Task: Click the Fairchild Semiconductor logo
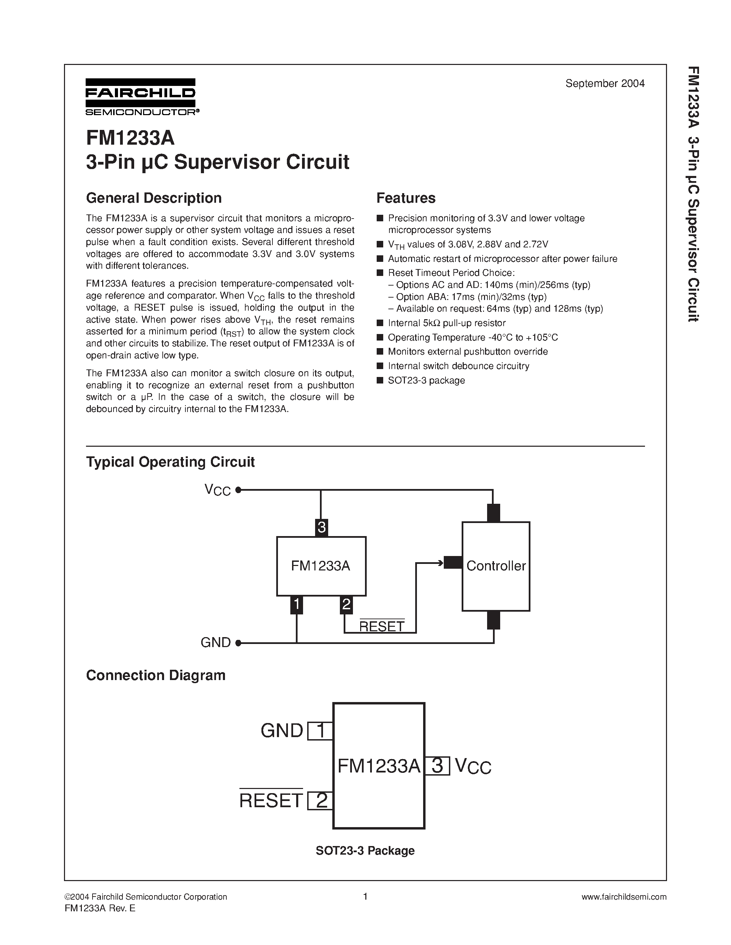coord(141,97)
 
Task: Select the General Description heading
coord(154,198)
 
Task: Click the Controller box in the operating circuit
coord(496,566)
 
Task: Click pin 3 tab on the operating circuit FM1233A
coord(321,527)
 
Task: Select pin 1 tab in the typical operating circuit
coord(296,604)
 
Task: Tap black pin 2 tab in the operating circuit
coord(346,604)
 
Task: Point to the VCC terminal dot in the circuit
coord(238,490)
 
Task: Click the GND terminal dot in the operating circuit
coord(238,643)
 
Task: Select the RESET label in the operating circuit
coord(381,626)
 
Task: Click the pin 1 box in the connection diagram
coord(320,731)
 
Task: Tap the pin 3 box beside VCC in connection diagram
coord(437,766)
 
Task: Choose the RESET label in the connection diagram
coord(271,800)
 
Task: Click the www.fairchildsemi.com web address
coord(624,897)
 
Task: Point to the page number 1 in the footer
coord(365,897)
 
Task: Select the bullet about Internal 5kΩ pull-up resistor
coord(446,323)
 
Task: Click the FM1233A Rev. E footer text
coord(100,909)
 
